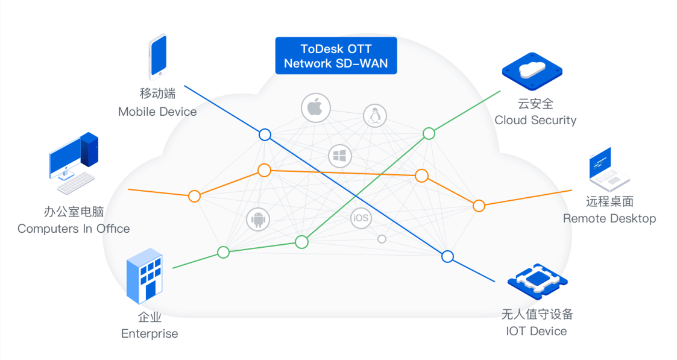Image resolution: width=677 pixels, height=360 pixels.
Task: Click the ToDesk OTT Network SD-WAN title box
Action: coord(336,55)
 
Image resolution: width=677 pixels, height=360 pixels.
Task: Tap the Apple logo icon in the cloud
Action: coord(316,108)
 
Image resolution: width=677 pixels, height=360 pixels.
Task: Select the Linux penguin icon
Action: coord(374,115)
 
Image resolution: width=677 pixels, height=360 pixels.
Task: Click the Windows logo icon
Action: coord(340,157)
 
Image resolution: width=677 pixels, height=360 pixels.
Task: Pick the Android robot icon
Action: coord(258,219)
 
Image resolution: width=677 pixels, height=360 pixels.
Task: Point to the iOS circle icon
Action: coord(361,218)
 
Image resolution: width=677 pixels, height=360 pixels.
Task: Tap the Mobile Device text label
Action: coord(157,112)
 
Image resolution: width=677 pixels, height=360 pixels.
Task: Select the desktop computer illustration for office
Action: coord(73,158)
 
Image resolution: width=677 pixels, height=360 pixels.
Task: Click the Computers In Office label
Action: coord(74,229)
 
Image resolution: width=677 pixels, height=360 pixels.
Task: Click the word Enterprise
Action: coord(150,333)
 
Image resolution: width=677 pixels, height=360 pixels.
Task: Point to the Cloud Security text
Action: coord(535,120)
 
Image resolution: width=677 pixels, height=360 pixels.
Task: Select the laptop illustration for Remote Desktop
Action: coord(608,169)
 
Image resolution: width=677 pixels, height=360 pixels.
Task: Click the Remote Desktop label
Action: coord(609,218)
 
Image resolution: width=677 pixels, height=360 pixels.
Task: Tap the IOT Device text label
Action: coord(537,331)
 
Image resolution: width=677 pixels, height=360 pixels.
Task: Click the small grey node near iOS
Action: coord(382,239)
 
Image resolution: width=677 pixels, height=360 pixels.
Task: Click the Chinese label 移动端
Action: coord(157,93)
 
